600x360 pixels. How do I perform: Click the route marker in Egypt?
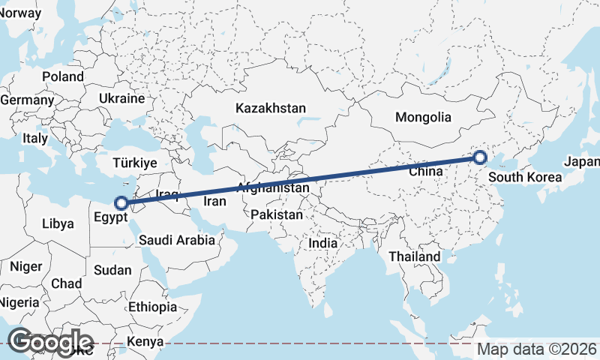coord(120,202)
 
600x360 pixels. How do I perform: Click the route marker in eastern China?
coord(480,157)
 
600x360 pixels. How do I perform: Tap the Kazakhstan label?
coord(270,109)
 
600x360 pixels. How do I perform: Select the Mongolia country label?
coord(423,117)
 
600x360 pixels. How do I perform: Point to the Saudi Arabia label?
coord(177,241)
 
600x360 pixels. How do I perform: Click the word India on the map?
coord(322,244)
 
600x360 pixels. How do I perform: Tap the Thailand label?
coord(414,256)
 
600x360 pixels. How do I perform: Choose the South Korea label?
coord(524,178)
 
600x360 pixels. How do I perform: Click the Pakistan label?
coord(277,215)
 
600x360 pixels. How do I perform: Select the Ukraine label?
coord(121,98)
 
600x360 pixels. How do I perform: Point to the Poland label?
coord(63,76)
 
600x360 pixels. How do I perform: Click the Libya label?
coord(58,223)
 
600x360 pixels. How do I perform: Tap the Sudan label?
coord(113,270)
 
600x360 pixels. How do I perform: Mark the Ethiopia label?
coord(152,307)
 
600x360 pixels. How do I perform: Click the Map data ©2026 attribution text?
coord(537,349)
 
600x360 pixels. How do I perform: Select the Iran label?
coord(215,202)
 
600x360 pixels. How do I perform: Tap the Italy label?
coord(34,139)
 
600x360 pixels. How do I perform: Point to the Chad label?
coord(66,283)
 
